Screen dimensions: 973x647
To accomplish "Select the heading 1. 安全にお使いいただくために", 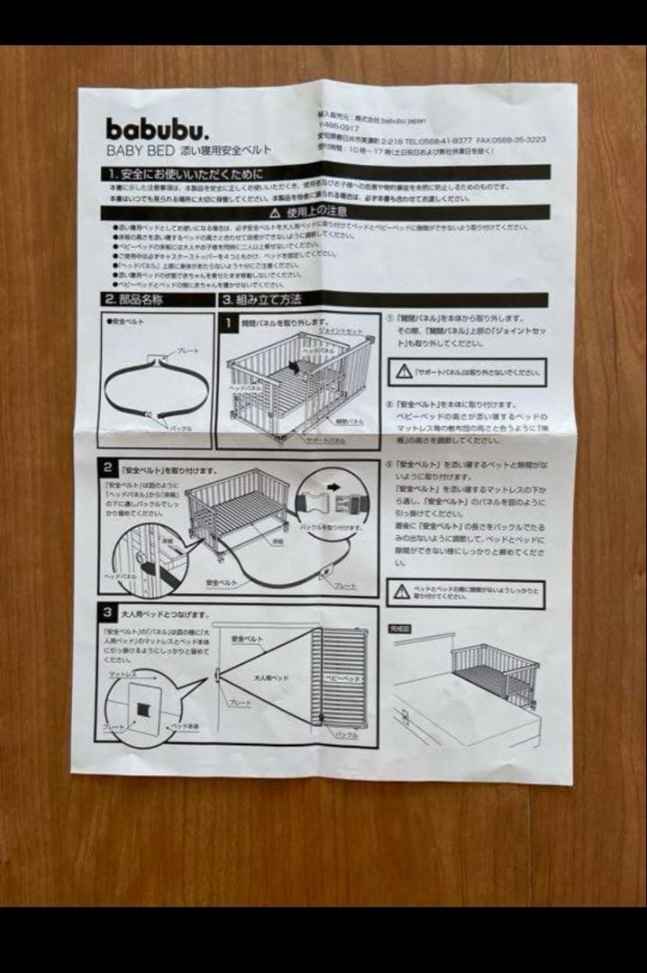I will pos(185,174).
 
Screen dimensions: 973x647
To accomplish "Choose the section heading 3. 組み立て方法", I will pos(262,299).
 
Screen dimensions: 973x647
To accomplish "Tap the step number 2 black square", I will pos(108,468).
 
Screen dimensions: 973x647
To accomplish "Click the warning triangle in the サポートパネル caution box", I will pos(402,370).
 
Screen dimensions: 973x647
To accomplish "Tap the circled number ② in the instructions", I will pos(388,405).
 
